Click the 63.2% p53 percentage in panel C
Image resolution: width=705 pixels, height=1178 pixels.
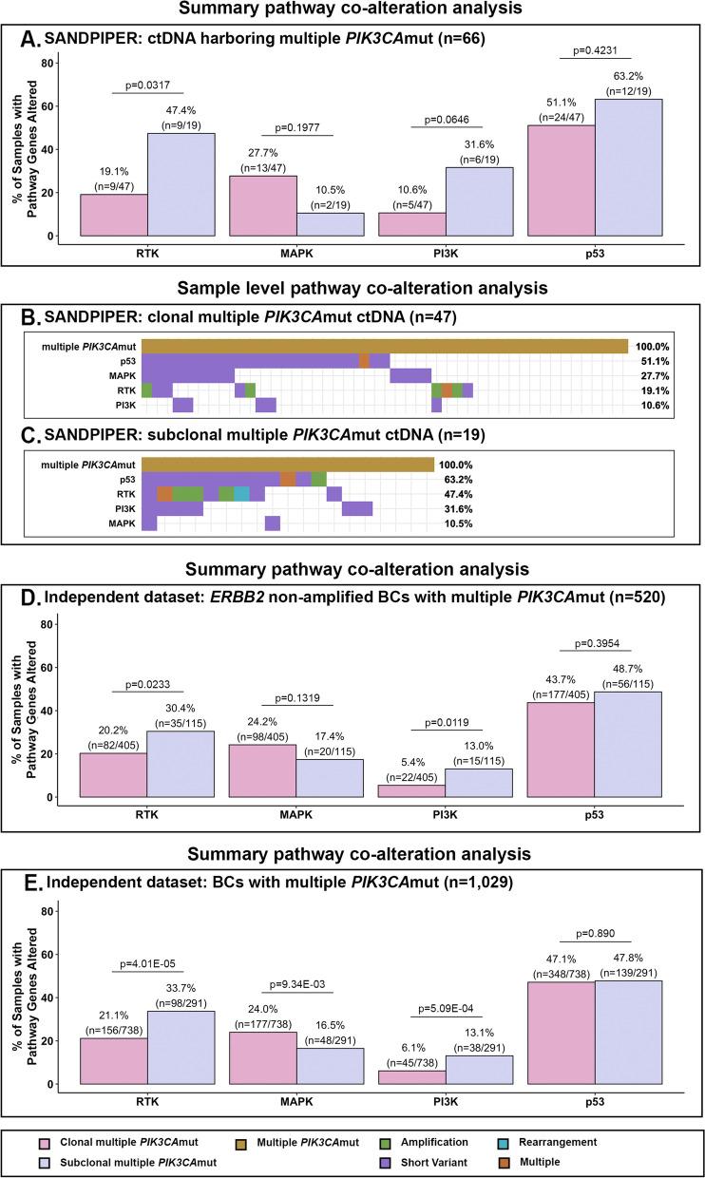click(458, 479)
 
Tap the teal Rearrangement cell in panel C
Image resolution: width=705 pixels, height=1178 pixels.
click(241, 493)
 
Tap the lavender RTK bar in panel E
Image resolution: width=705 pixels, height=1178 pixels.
click(181, 1048)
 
